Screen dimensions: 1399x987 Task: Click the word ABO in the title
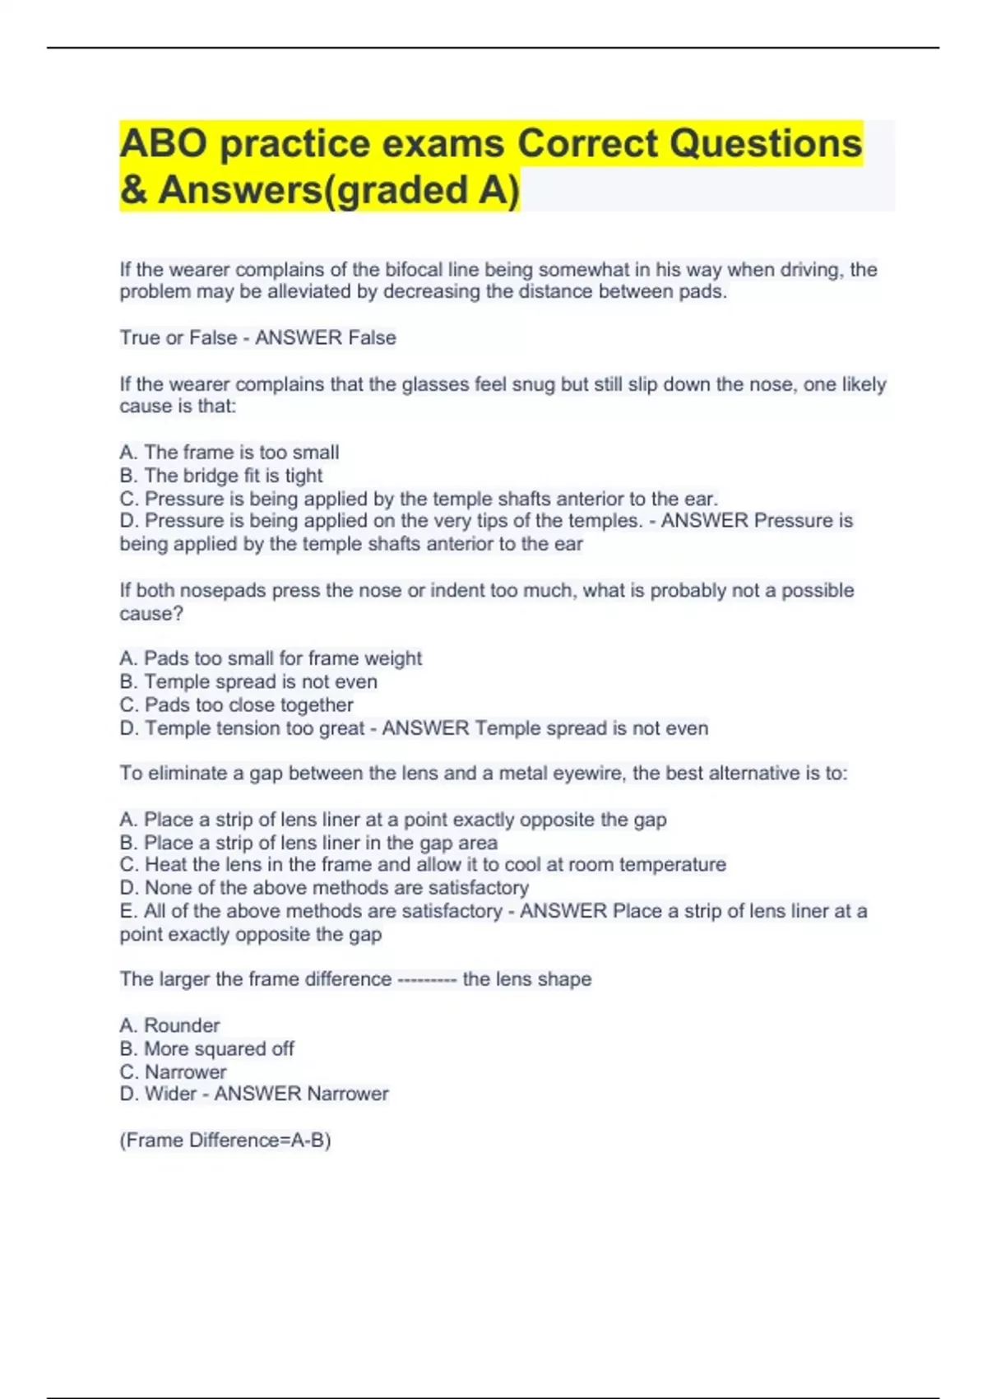(163, 143)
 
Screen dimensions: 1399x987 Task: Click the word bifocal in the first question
(415, 270)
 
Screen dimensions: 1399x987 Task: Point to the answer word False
(372, 338)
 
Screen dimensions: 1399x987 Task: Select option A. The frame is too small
(229, 453)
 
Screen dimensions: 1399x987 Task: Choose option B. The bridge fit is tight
(221, 476)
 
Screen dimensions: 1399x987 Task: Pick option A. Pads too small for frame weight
(271, 658)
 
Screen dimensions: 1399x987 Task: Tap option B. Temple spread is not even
(248, 682)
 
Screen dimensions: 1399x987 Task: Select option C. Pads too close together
(237, 705)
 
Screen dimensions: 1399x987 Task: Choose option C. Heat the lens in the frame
(423, 865)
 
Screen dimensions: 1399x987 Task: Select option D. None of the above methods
(324, 888)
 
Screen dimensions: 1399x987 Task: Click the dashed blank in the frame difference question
(427, 979)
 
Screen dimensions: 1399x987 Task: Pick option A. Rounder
(170, 1025)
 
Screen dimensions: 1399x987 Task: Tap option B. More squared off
(207, 1049)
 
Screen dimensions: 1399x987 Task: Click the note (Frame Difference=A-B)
(225, 1141)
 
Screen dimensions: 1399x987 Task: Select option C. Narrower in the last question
(174, 1072)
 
